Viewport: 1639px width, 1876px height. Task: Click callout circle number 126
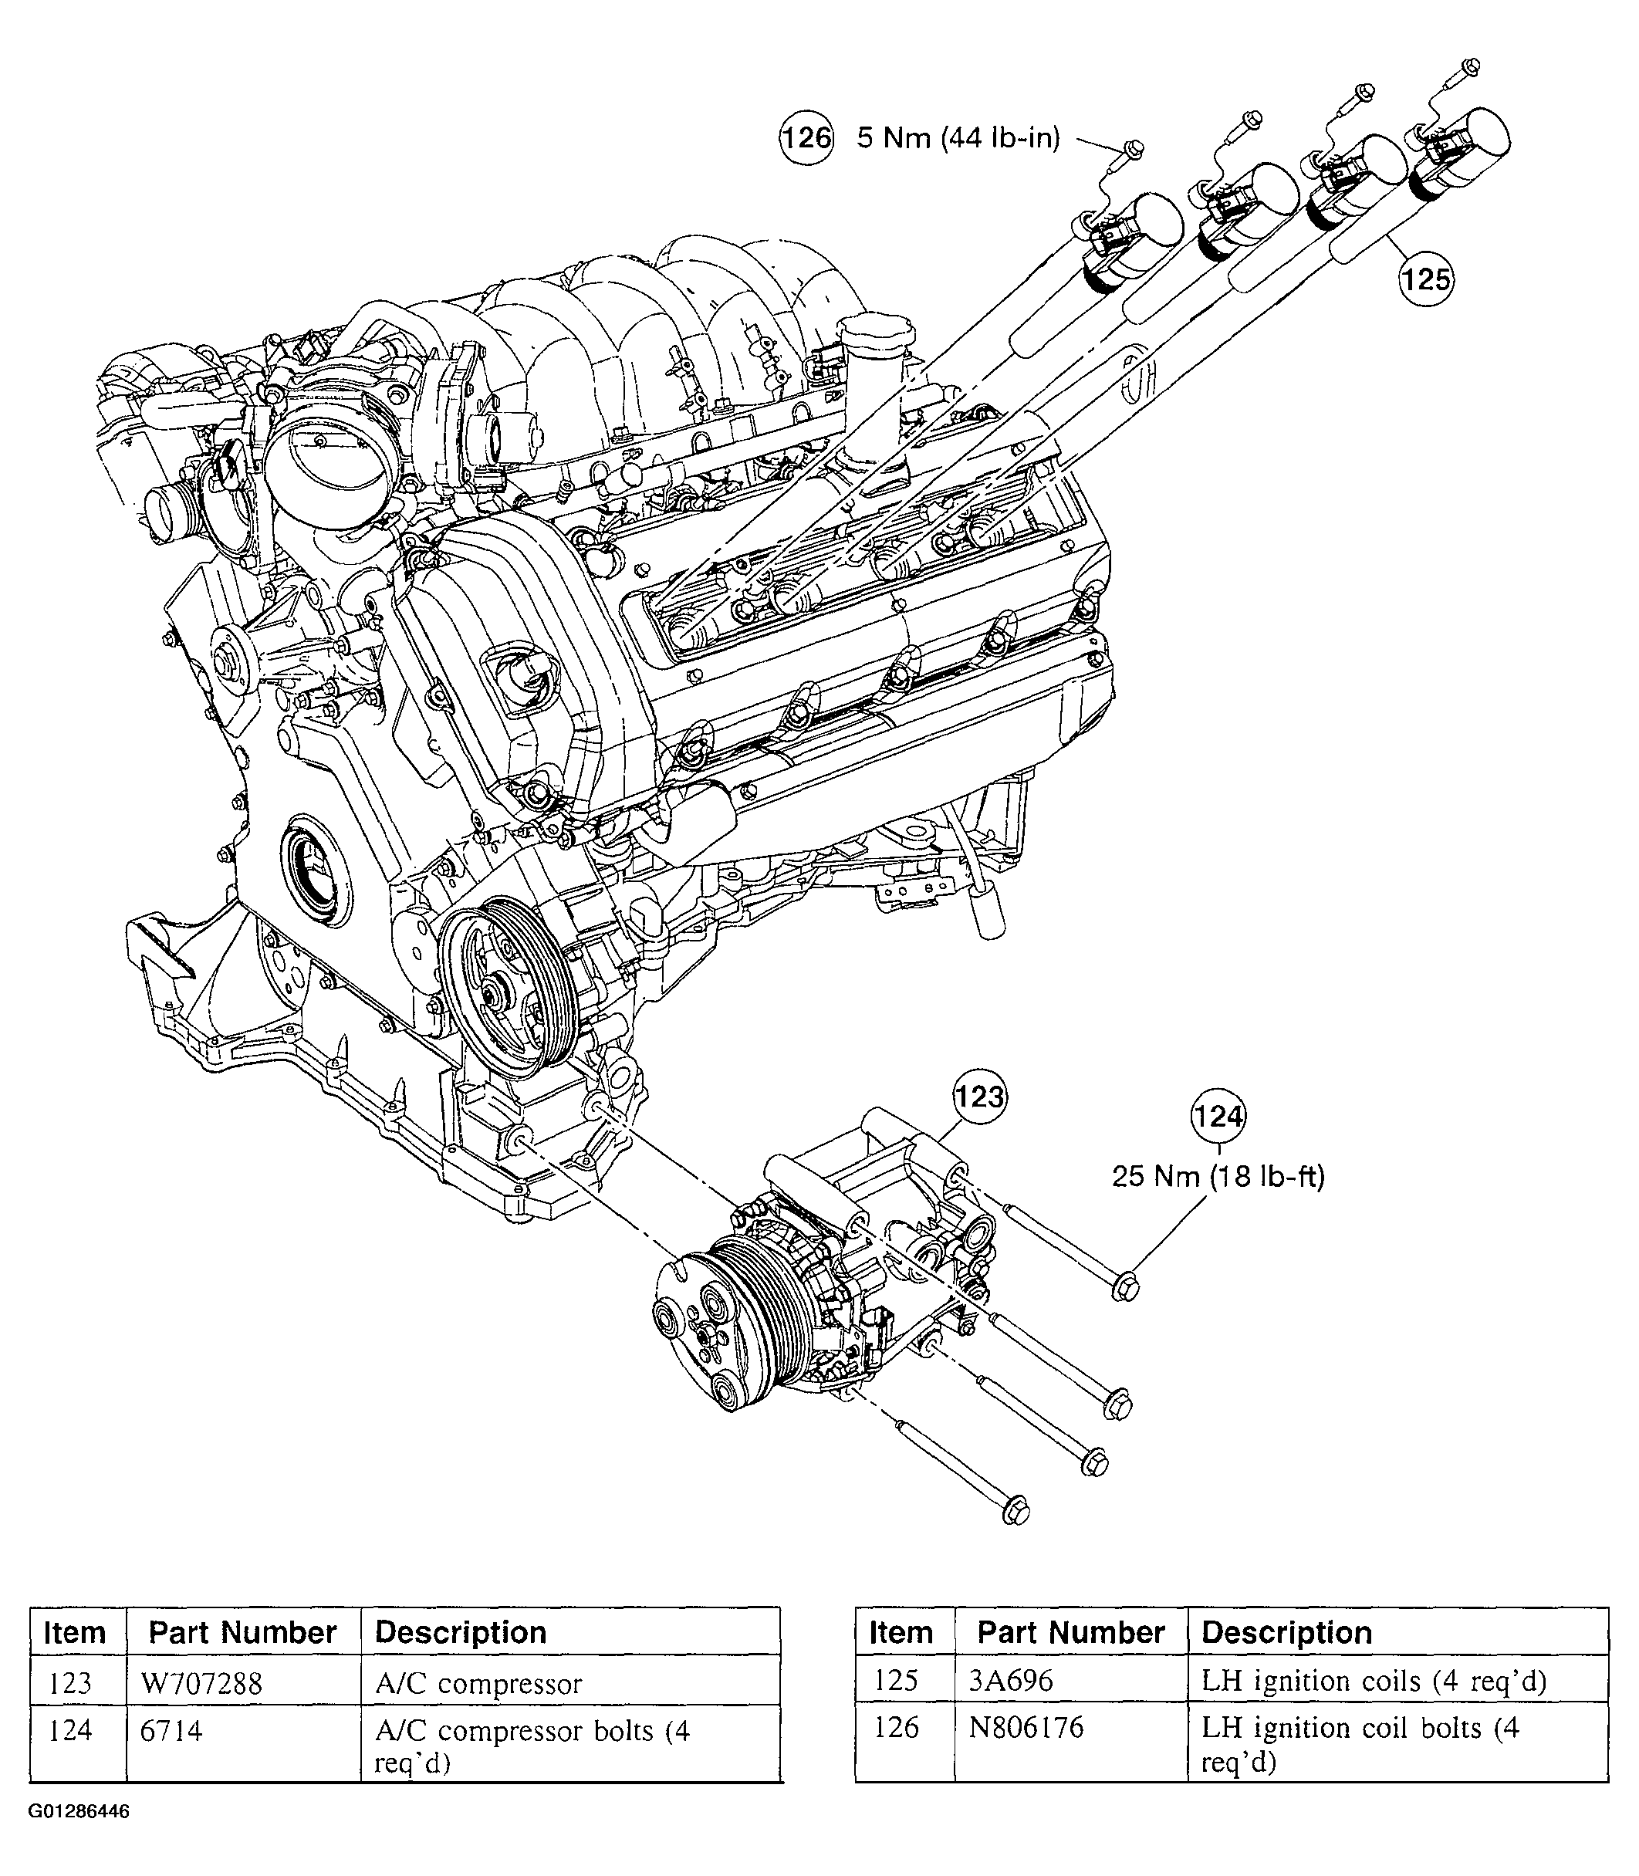[x=806, y=137]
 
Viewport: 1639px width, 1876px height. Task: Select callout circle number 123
[x=979, y=1095]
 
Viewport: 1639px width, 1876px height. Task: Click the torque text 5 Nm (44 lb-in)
[x=958, y=137]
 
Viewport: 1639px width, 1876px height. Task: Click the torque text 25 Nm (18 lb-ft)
[x=1218, y=1175]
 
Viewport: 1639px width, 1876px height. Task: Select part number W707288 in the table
[x=201, y=1683]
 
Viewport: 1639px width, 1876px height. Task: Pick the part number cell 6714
[x=171, y=1731]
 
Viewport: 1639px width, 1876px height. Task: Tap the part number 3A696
[x=1011, y=1680]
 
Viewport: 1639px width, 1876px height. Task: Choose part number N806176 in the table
[x=1026, y=1727]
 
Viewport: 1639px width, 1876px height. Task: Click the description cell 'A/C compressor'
[x=478, y=1683]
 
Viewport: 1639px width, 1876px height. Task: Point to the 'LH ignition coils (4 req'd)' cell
[x=1373, y=1680]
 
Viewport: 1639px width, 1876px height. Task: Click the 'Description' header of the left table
[x=461, y=1633]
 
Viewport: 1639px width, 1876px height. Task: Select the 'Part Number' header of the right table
[x=1070, y=1633]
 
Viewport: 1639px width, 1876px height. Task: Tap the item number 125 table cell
[x=897, y=1680]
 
